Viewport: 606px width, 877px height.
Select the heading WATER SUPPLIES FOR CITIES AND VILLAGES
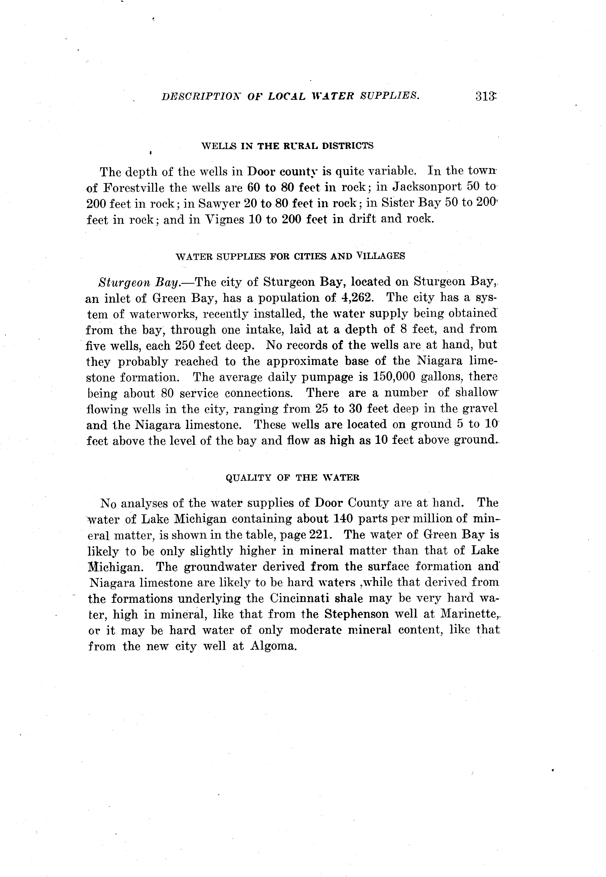(x=291, y=256)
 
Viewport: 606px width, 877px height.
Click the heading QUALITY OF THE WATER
(x=292, y=478)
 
